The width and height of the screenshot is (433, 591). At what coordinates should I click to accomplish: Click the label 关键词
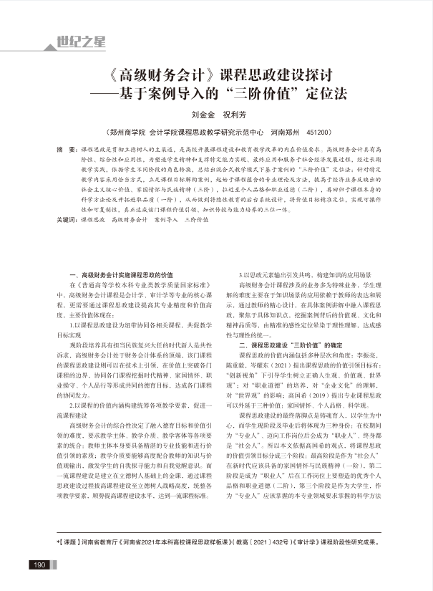pyautogui.click(x=67, y=220)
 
